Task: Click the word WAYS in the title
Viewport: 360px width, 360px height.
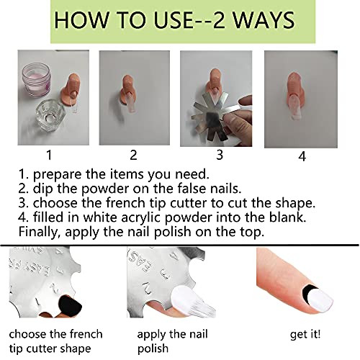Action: click(264, 20)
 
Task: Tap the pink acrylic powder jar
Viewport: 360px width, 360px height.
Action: click(37, 79)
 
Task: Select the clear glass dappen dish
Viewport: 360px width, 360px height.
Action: click(50, 117)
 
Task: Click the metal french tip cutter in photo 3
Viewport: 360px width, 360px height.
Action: click(215, 115)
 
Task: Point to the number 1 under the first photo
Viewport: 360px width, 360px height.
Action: click(49, 155)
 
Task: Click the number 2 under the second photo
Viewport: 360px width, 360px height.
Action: click(133, 155)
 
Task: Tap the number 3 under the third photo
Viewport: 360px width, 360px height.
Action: click(220, 155)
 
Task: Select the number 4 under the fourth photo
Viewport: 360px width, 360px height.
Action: click(302, 156)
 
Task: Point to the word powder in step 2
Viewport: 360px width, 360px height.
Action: click(105, 189)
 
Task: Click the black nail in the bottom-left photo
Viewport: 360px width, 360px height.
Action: click(71, 307)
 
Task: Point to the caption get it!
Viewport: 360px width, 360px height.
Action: click(305, 334)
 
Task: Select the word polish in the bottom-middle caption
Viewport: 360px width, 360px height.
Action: click(153, 348)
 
